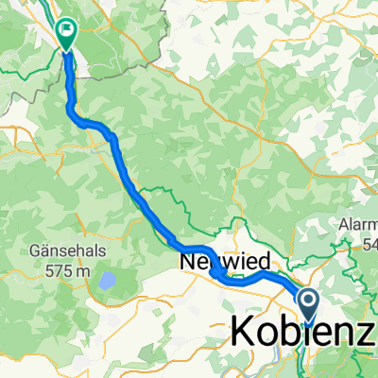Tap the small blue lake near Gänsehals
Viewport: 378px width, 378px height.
click(108, 281)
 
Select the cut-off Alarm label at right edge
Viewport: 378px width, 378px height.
click(357, 226)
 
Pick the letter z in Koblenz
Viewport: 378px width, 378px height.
click(365, 332)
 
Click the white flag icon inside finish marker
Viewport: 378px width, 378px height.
click(67, 30)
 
